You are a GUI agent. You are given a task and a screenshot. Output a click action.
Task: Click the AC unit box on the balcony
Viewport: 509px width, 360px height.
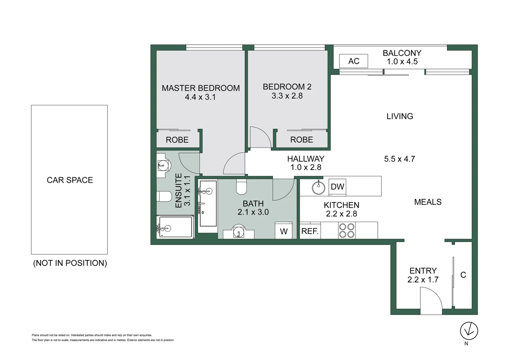coord(353,61)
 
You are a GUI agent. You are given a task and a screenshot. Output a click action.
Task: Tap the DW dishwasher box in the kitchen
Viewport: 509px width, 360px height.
coord(337,187)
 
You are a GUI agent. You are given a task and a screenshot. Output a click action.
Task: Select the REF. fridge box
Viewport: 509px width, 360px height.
coord(310,231)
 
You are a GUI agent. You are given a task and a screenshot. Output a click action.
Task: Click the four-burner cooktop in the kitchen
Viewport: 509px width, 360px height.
coord(346,230)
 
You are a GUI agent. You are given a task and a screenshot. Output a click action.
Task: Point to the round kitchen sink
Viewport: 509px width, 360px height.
coord(318,188)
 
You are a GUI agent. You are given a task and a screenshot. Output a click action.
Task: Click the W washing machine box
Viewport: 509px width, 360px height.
coord(283,231)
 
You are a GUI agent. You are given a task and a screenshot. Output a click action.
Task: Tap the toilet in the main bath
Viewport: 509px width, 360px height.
coord(241,187)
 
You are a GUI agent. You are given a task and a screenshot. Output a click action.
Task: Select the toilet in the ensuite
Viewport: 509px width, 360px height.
coord(164,196)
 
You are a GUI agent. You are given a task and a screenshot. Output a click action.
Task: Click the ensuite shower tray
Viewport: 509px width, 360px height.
coord(176,227)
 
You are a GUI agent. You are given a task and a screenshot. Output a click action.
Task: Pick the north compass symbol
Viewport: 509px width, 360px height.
coord(469,331)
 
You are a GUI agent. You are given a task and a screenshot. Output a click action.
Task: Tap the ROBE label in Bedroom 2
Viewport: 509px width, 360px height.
coord(301,140)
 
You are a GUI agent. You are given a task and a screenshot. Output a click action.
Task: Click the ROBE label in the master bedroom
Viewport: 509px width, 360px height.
coord(177,140)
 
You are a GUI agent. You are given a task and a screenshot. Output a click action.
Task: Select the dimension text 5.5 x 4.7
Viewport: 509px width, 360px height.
coord(399,159)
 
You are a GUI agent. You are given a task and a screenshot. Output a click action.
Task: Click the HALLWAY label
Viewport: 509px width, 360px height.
coord(305,159)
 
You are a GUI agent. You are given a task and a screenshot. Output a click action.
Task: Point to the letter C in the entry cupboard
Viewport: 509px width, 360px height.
coord(463,275)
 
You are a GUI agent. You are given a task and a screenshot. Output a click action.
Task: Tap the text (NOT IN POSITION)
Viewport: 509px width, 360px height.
coord(70,263)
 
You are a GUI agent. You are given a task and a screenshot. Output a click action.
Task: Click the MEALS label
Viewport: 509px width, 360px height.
coord(428,202)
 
